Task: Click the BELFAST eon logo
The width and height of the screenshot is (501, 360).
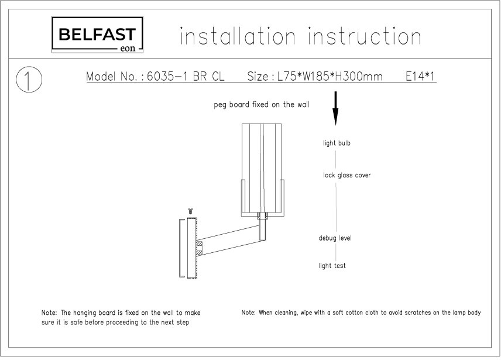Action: pyautogui.click(x=97, y=35)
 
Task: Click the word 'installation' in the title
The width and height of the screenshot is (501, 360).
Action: pyautogui.click(x=238, y=36)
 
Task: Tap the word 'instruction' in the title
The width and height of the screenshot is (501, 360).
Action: pyautogui.click(x=364, y=36)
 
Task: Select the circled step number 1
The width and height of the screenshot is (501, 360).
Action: pyautogui.click(x=29, y=80)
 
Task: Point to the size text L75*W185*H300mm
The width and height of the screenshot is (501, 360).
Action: pyautogui.click(x=330, y=77)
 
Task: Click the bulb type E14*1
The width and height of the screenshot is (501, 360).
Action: pyautogui.click(x=420, y=77)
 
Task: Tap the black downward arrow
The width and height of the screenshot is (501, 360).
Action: pyautogui.click(x=335, y=108)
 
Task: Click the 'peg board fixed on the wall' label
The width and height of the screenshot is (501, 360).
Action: pyautogui.click(x=262, y=105)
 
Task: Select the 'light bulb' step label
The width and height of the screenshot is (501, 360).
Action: pyautogui.click(x=337, y=143)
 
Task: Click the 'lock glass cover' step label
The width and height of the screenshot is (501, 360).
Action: pyautogui.click(x=346, y=175)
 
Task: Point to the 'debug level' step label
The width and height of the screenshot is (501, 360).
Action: pyautogui.click(x=335, y=238)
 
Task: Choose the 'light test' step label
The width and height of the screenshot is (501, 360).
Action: pyautogui.click(x=332, y=265)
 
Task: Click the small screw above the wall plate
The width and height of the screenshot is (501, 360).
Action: pyautogui.click(x=191, y=211)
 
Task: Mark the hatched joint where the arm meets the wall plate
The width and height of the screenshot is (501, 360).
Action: pyautogui.click(x=200, y=248)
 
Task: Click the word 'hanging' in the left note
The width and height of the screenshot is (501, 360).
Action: pyautogui.click(x=85, y=313)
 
